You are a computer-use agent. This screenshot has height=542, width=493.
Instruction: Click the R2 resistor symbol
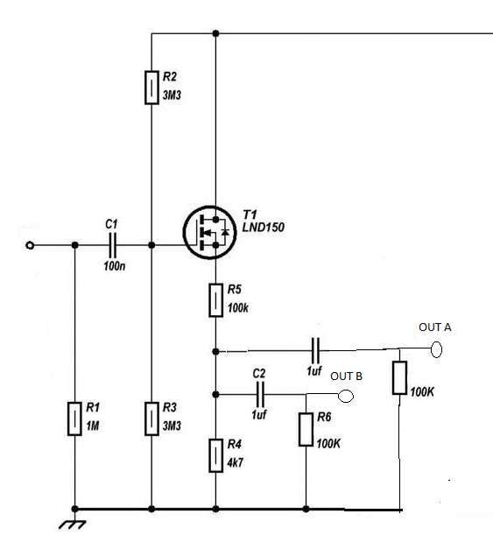pos(151,88)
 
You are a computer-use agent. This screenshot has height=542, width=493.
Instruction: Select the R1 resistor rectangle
pos(74,419)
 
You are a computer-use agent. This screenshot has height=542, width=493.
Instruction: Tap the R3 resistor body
pos(151,419)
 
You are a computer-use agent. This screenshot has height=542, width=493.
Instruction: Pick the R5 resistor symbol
pos(215,300)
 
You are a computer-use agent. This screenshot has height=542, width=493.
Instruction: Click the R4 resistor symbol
pos(215,455)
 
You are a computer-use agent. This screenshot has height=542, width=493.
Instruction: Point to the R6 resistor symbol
pos(306,429)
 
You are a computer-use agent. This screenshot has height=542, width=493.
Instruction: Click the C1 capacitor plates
pos(112,245)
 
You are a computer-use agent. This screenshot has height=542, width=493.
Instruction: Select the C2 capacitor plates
pos(260,394)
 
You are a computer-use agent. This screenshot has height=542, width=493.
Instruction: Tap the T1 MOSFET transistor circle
pos(210,233)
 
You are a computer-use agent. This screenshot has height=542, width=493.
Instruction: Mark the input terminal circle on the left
pos(30,245)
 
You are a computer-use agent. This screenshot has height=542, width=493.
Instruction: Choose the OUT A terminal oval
pos(436,349)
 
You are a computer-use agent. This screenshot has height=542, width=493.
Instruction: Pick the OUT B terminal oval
pos(345,396)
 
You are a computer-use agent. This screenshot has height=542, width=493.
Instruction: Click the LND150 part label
pos(264,227)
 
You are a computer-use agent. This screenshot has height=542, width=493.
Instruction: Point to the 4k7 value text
pos(235,462)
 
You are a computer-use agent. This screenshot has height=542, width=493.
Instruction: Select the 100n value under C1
pos(115,266)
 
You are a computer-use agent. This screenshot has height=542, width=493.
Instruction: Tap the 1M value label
pos(93,426)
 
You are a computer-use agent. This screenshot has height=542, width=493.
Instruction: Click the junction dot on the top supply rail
pos(215,33)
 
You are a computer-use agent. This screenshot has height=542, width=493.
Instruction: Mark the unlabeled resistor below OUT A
pos(399,377)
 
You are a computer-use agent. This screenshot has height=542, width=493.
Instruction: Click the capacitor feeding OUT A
pos(315,350)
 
